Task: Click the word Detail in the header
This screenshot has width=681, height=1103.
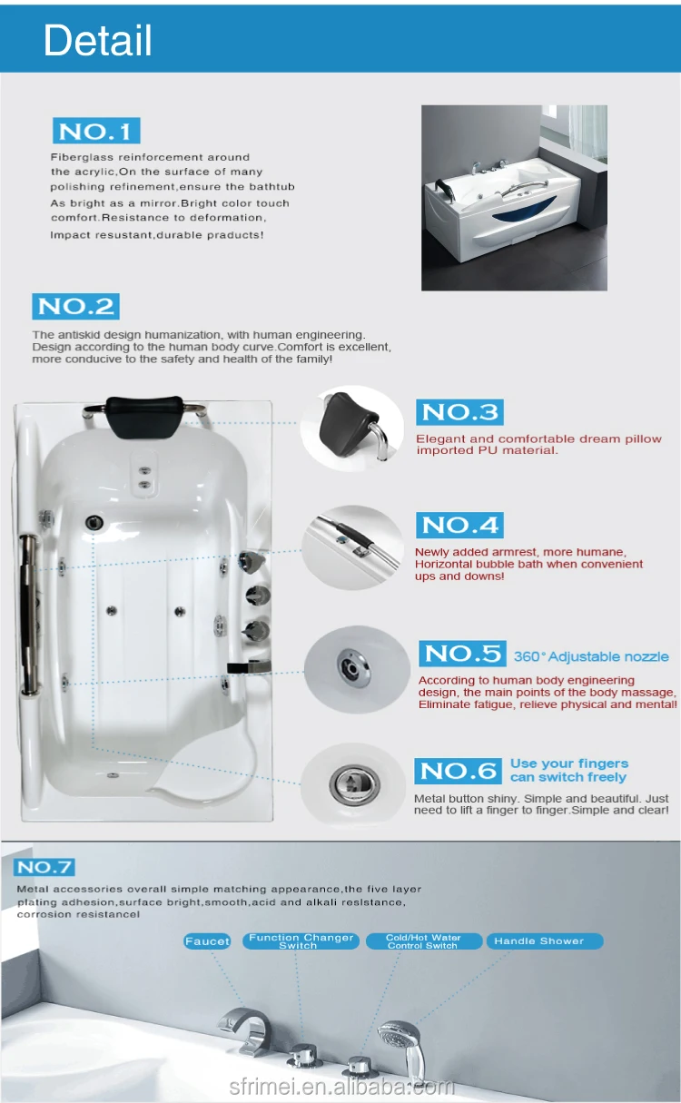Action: click(x=97, y=40)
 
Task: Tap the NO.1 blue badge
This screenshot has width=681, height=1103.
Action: click(x=96, y=131)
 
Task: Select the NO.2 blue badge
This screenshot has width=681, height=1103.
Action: click(x=76, y=306)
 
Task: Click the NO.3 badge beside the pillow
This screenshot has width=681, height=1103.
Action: click(x=460, y=412)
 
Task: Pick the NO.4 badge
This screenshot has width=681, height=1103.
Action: click(x=460, y=525)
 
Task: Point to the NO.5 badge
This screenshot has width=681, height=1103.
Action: click(x=462, y=654)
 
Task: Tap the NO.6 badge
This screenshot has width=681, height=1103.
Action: click(x=458, y=771)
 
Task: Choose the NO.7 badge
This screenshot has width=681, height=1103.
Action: click(x=44, y=867)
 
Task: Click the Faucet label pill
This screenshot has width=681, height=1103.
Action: click(x=207, y=941)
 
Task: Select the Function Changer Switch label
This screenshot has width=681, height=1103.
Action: click(x=301, y=941)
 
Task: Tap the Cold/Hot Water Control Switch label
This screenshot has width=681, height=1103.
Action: click(x=423, y=941)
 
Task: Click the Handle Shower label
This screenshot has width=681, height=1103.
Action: click(x=545, y=941)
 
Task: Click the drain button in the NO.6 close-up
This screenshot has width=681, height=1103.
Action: click(x=354, y=783)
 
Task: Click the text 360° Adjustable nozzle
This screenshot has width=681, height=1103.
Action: click(x=591, y=656)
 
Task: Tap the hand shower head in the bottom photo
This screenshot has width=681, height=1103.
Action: click(x=398, y=1037)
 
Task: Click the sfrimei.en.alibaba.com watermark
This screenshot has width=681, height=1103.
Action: click(x=341, y=1087)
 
